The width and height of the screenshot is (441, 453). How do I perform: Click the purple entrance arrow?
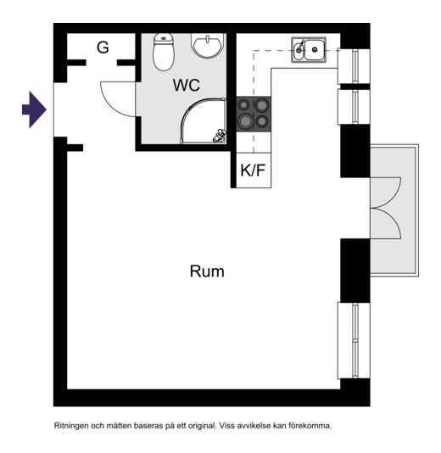[35, 109]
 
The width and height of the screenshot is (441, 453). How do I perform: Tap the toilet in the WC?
[164, 52]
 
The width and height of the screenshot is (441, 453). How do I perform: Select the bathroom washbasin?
[208, 45]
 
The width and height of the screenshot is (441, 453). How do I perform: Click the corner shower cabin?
[204, 120]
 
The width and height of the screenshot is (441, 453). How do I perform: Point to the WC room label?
[187, 85]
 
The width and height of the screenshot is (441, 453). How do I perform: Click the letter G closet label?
[103, 48]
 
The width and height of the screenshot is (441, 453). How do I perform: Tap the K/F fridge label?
[253, 171]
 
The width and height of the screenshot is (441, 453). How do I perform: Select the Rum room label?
[207, 271]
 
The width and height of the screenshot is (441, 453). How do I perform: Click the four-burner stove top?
[254, 115]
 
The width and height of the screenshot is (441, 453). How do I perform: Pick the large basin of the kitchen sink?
[315, 50]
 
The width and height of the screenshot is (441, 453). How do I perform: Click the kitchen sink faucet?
[300, 46]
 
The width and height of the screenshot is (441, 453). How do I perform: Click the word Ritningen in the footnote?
[70, 426]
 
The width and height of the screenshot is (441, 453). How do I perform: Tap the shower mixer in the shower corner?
[220, 137]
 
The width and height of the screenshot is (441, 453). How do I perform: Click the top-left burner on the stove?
[244, 105]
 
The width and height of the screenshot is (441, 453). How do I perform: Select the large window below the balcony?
[354, 340]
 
